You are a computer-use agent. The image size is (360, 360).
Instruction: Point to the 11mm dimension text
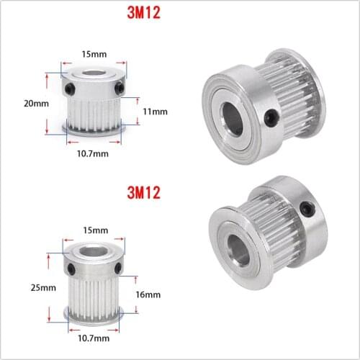(x=155, y=112)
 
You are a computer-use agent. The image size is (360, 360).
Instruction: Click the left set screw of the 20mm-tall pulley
(x=70, y=88)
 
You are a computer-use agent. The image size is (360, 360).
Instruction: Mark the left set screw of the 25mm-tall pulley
(x=71, y=268)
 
